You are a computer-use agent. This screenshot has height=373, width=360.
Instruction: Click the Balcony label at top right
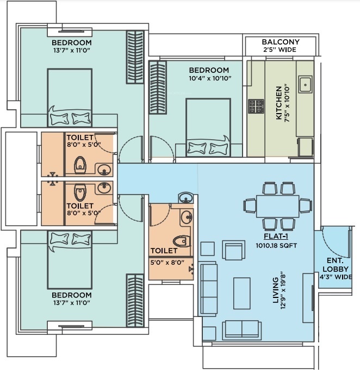coord(281,42)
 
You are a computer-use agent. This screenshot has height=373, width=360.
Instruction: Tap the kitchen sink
coord(305,84)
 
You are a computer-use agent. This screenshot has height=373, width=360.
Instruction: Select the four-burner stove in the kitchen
coord(256,106)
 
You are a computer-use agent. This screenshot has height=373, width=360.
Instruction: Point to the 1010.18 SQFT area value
coord(276,246)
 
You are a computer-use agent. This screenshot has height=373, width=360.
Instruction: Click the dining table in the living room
coord(278,206)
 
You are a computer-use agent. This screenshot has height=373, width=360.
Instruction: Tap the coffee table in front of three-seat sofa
coord(242,293)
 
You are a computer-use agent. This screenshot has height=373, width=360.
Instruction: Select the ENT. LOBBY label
coord(336,265)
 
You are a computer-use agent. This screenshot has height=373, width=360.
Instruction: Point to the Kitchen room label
coord(279,103)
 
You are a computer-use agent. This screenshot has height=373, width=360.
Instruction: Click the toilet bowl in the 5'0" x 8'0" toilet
coord(182,241)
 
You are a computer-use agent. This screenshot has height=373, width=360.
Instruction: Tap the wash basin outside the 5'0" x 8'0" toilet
coord(186,197)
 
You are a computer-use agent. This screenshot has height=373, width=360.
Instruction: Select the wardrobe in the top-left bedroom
coord(135,57)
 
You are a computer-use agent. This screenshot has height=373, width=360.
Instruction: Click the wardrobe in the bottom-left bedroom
coord(135,301)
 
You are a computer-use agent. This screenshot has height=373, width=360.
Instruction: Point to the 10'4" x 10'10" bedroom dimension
coord(210,78)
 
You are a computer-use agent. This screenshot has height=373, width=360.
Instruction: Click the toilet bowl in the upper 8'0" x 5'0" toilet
coord(80,165)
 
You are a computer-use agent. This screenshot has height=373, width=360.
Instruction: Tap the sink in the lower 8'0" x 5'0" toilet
coord(104,188)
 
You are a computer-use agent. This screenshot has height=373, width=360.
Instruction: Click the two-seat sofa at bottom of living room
coord(242,330)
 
